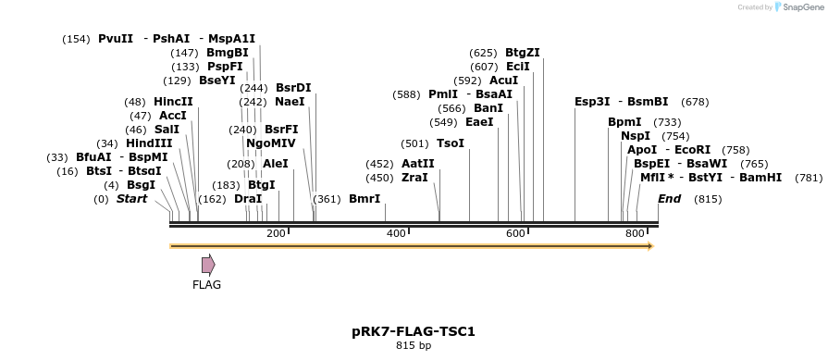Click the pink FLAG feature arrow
(208, 265)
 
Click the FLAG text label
(206, 285)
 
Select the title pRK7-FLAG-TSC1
(414, 330)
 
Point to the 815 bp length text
(414, 345)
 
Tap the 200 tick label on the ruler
(276, 233)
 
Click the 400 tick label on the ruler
(396, 233)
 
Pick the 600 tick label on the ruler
(515, 233)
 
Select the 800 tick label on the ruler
(636, 233)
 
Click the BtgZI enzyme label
(523, 52)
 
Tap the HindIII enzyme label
(149, 143)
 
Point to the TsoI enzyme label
(451, 143)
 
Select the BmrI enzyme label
(365, 199)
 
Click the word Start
(131, 199)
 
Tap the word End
(669, 199)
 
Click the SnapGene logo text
(802, 7)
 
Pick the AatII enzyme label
(418, 163)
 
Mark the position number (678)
(694, 102)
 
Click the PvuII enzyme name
(116, 39)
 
